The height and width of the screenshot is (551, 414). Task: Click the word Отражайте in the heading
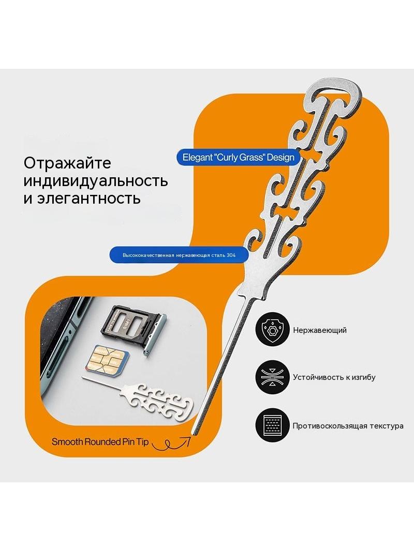pos(68,163)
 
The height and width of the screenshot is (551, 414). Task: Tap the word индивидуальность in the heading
pos(96,181)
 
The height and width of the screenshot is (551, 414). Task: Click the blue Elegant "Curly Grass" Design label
pos(239,157)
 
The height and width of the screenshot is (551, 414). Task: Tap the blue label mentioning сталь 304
pos(180,255)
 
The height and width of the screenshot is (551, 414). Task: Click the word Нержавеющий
pos(320,330)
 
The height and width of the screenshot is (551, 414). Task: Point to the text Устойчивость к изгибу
pos(334,377)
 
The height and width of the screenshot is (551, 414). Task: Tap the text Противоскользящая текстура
pos(348,426)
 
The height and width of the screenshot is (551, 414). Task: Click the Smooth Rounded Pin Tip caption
pos(100,442)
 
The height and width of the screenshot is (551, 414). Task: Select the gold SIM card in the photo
pos(107,359)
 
